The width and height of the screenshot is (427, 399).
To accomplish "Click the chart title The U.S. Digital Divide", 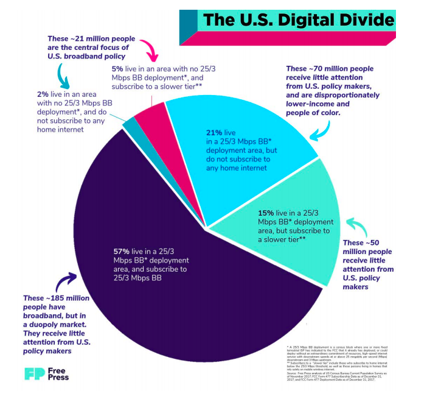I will [297, 19].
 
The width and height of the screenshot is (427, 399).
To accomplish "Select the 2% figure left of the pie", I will [43, 95].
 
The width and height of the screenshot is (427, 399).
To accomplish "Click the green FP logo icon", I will [35, 373].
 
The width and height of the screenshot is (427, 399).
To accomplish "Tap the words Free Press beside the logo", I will [59, 373].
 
